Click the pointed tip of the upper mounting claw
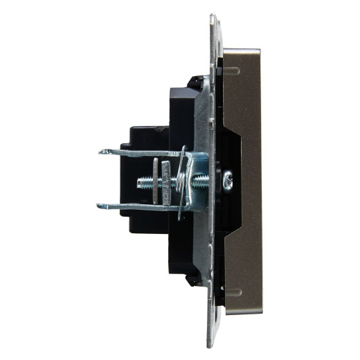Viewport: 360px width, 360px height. point(101,152)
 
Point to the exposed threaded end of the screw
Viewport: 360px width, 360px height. point(145,182)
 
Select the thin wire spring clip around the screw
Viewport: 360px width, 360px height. point(181,181)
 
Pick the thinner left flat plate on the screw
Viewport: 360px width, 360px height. point(155,182)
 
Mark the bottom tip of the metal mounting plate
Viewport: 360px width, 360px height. point(211,344)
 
